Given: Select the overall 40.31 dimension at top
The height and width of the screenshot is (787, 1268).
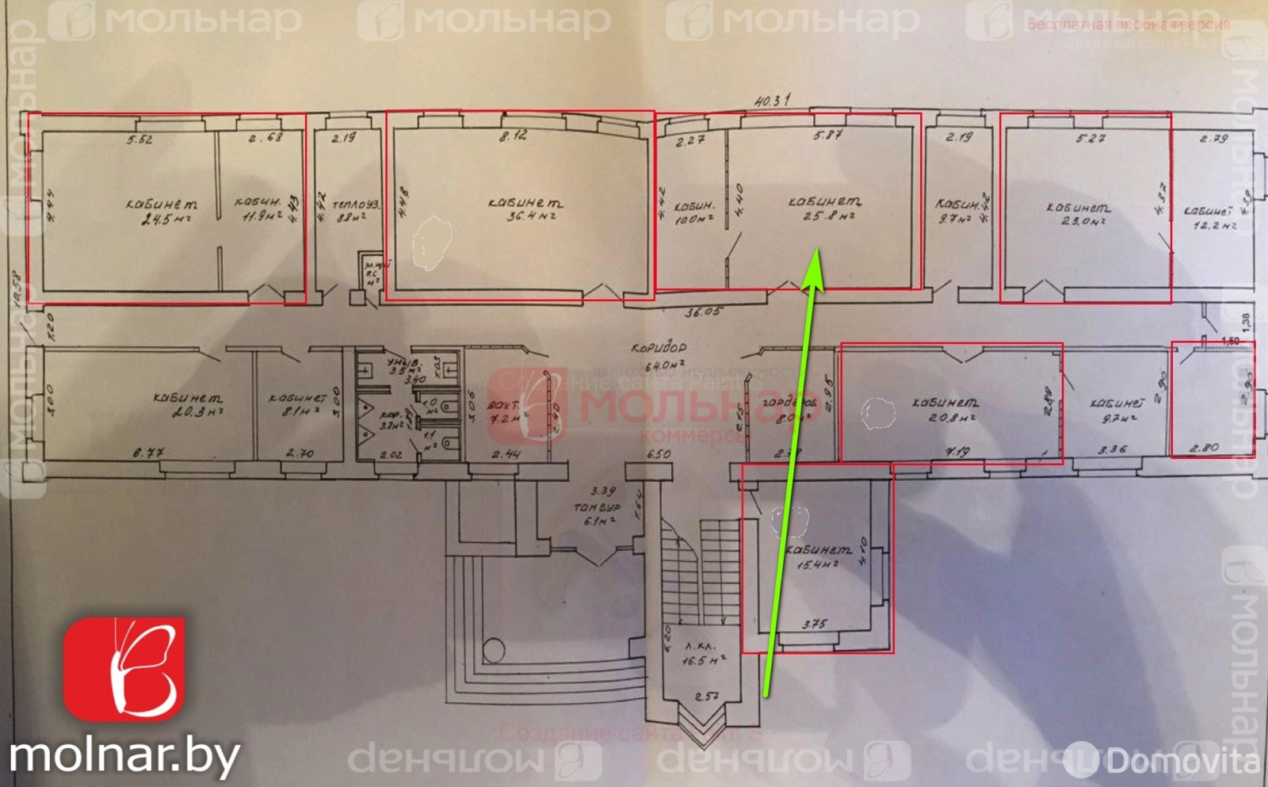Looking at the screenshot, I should coord(772,101).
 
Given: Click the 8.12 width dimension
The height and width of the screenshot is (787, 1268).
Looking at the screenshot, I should coord(514,136).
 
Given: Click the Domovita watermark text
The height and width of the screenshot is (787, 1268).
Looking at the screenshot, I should coord(1182,762).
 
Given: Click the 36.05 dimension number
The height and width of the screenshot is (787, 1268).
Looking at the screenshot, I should coord(702,312).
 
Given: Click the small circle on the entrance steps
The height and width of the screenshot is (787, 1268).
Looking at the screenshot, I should coord(494,650).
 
